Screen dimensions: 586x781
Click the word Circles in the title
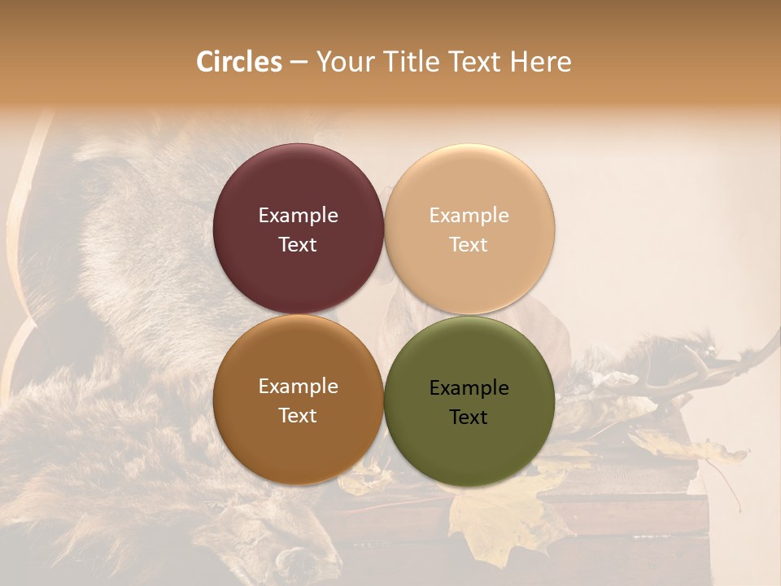(239, 62)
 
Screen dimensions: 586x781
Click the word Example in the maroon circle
(298, 216)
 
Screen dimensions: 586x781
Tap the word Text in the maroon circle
(298, 245)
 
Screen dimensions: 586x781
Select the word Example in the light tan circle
(469, 216)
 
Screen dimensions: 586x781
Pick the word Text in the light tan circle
(469, 245)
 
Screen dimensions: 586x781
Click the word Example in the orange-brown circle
(298, 387)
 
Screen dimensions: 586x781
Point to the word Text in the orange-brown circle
(298, 416)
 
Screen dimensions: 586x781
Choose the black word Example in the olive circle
(469, 388)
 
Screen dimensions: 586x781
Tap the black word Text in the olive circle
(469, 418)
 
